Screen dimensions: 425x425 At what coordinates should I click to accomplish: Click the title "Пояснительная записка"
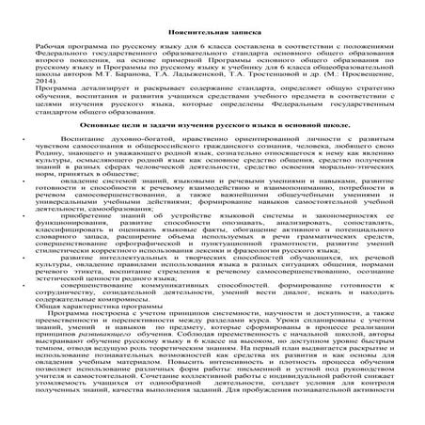coord(212,31)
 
